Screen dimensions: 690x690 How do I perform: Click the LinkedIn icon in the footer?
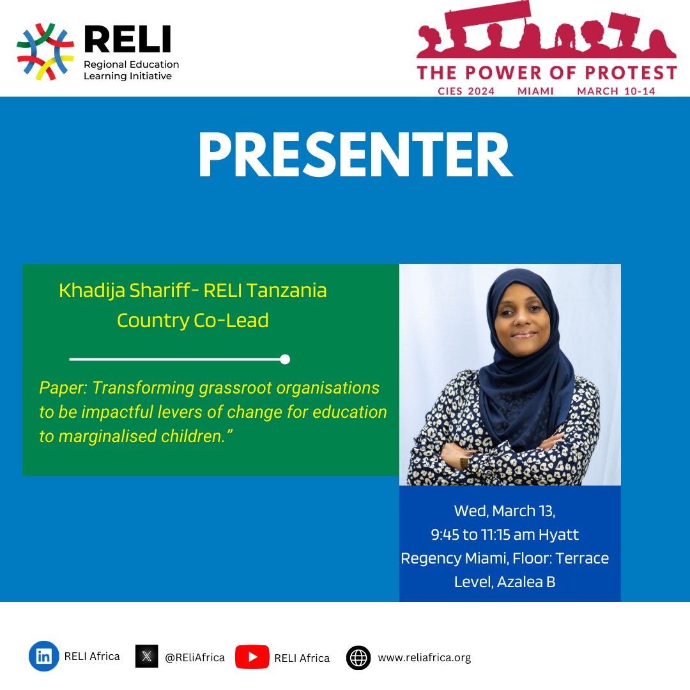point(43,656)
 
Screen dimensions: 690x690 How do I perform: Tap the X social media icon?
point(146,656)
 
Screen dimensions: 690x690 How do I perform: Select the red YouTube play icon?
point(251,657)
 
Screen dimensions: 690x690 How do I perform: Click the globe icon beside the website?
point(358,657)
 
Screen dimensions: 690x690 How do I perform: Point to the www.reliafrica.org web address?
point(424,657)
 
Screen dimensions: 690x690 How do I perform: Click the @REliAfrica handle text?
point(195,657)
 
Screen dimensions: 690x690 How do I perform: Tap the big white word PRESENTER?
point(355,156)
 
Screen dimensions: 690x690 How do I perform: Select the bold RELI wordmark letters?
point(128,40)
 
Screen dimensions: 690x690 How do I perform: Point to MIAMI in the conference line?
point(535,91)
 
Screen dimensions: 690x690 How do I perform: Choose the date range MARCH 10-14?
point(616,91)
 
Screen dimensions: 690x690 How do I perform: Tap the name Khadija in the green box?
point(88,291)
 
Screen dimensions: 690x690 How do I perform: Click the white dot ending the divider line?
point(285,359)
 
